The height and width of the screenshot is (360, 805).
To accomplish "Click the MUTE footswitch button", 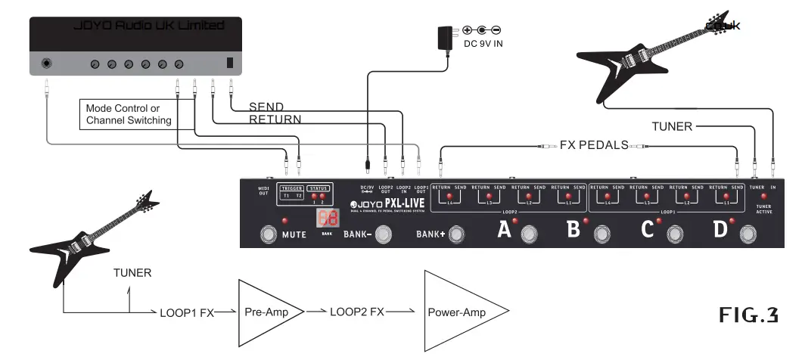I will coord(268,234).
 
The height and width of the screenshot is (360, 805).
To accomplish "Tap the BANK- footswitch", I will coord(384,235).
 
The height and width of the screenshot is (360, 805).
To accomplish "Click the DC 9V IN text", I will coord(483,44).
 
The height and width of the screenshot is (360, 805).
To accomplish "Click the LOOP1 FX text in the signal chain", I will coord(186,312).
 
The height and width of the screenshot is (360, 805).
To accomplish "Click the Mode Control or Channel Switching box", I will coord(129,115).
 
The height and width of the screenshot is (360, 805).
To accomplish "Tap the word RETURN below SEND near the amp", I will coord(275,119).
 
